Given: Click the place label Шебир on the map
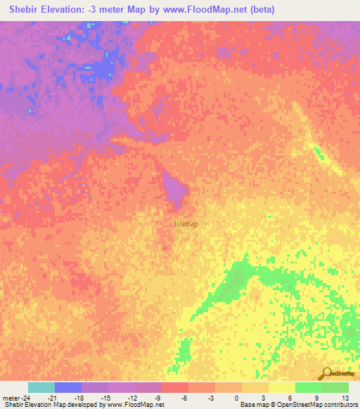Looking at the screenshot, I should point(186,224).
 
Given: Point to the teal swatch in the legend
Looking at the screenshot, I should point(41,387).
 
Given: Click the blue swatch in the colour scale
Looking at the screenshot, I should point(67,387).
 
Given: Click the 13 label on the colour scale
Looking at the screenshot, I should point(344,398).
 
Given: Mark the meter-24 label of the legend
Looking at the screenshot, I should point(15,398).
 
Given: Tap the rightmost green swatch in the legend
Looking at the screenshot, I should point(335,387).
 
